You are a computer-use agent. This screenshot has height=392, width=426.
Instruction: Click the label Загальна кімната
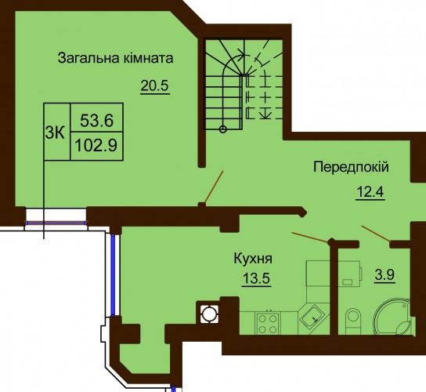click(x=115, y=58)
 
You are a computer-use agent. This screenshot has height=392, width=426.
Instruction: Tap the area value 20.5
click(x=155, y=86)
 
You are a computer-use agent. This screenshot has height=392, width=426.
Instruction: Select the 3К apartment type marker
click(x=55, y=133)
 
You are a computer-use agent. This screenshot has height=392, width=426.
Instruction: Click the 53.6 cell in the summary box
click(x=97, y=121)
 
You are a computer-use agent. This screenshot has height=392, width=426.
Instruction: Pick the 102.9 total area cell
click(x=96, y=146)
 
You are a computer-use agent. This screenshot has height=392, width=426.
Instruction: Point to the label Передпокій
click(x=351, y=167)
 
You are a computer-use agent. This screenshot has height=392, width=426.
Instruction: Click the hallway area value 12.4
click(x=370, y=192)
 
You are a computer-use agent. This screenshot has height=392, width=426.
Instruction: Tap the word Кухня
click(x=253, y=259)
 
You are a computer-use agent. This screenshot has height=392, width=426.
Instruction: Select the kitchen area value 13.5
click(x=256, y=278)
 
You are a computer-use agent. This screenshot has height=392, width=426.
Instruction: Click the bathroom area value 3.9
click(x=384, y=275)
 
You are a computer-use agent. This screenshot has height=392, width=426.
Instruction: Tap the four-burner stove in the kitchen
click(x=268, y=323)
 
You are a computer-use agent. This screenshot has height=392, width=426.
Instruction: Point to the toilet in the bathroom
click(x=353, y=321)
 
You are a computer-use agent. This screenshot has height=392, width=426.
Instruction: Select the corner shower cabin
click(x=394, y=317)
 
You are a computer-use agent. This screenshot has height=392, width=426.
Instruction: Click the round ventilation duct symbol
click(x=209, y=314)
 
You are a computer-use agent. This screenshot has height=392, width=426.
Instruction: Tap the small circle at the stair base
click(x=222, y=129)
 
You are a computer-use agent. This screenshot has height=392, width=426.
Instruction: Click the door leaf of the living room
click(x=214, y=187)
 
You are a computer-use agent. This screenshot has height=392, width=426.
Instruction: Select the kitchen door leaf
click(x=310, y=237)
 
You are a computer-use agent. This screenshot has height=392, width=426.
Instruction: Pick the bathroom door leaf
click(x=376, y=234)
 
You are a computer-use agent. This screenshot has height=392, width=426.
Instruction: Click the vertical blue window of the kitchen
click(x=113, y=274)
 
